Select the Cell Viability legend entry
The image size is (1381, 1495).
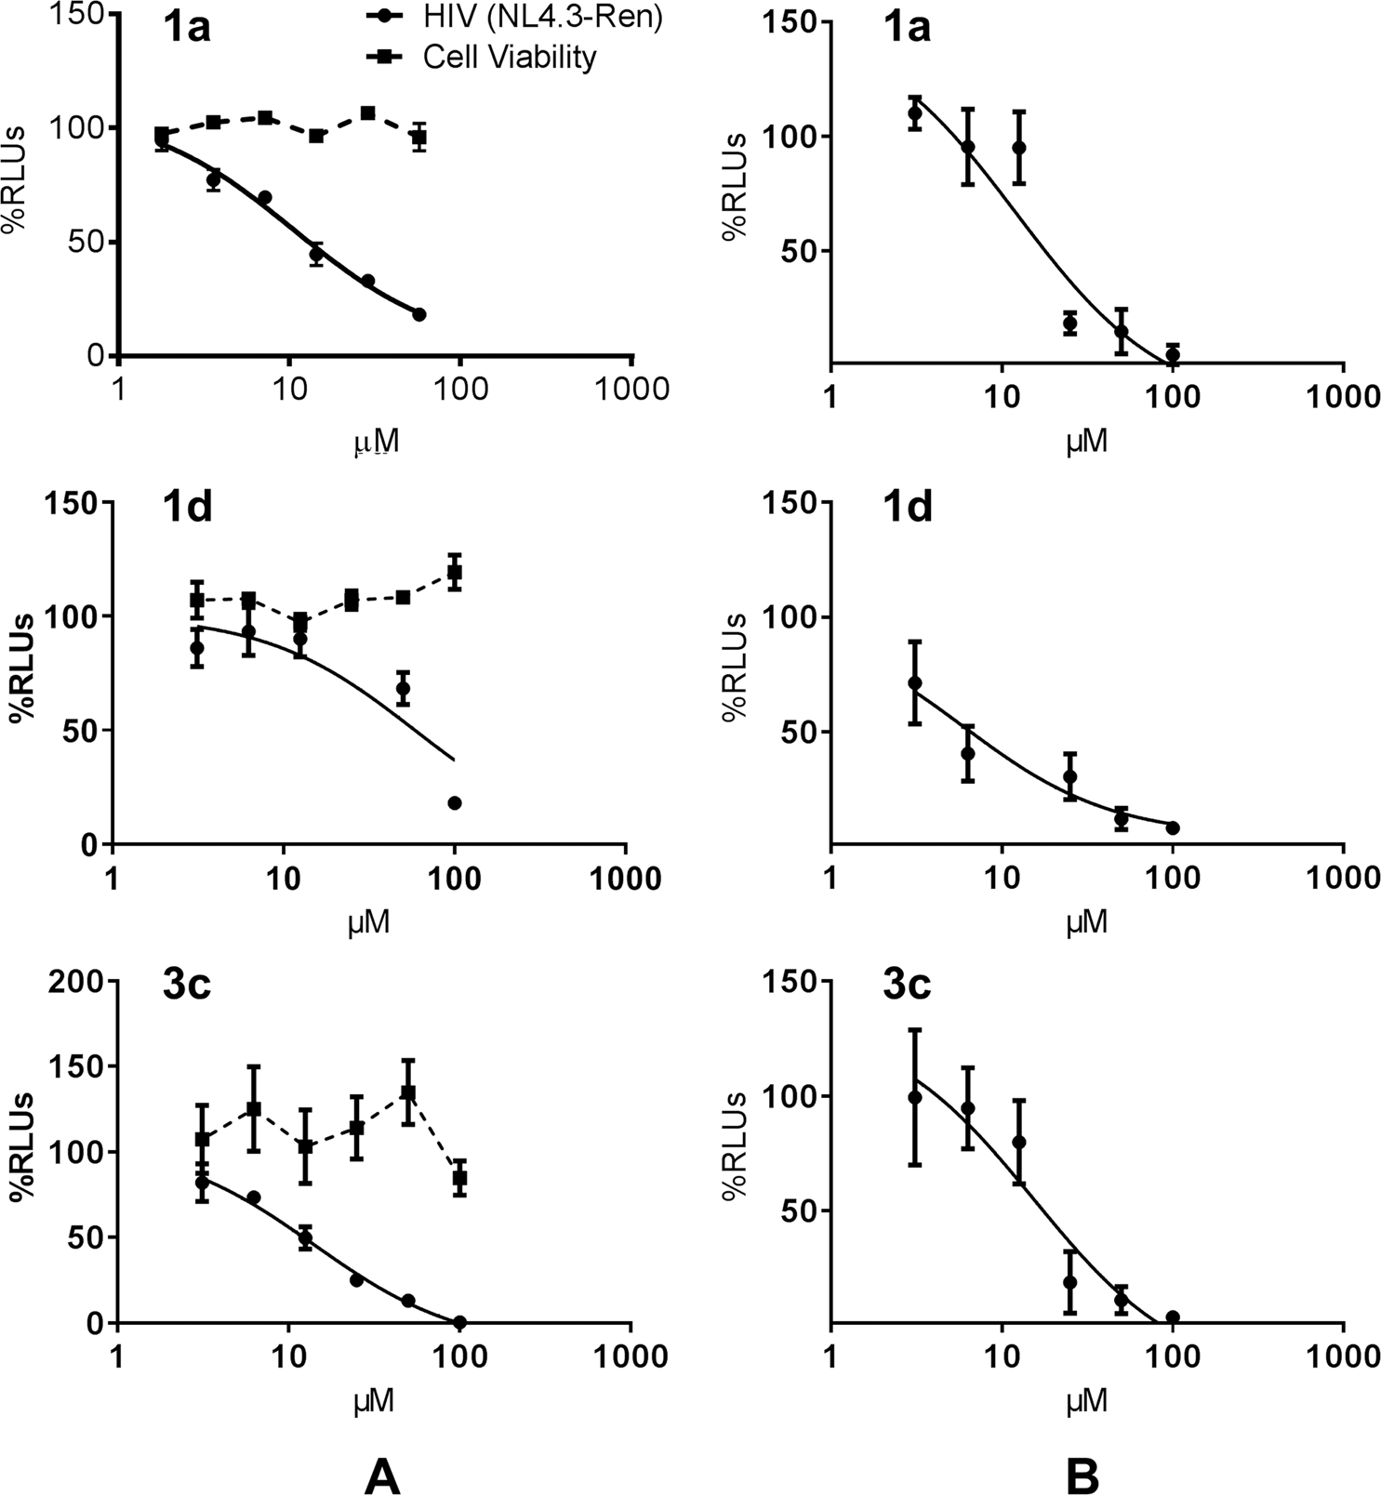(x=509, y=58)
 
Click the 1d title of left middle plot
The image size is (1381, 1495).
(x=187, y=509)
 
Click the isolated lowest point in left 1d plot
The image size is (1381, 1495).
(x=455, y=803)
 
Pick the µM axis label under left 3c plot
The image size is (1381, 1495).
(x=374, y=1401)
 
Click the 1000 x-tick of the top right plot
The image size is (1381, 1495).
(x=1341, y=398)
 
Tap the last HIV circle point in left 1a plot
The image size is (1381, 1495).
(x=419, y=314)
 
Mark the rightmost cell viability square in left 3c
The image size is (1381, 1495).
(x=459, y=1178)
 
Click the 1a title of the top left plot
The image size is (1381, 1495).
(x=186, y=28)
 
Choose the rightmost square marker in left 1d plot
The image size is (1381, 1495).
(x=455, y=572)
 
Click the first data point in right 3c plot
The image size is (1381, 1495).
(x=914, y=1097)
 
